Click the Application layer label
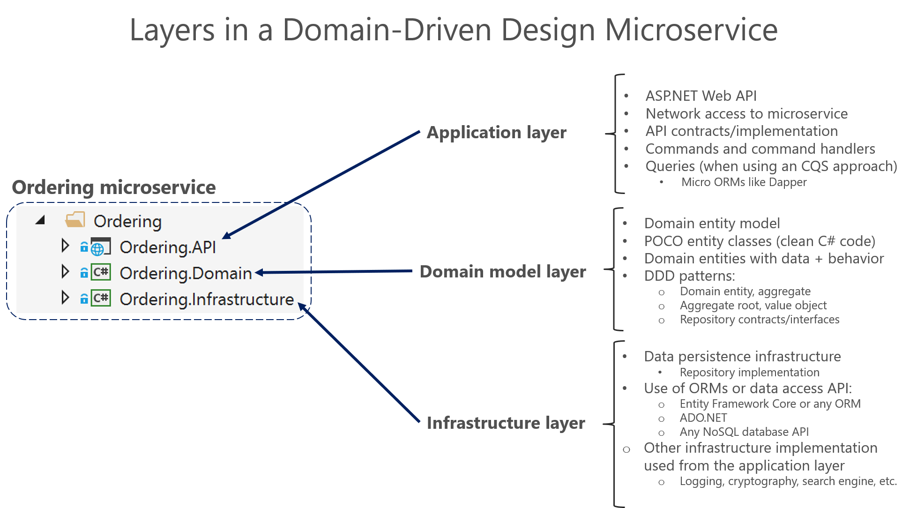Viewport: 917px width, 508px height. pos(496,133)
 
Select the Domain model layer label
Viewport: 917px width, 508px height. pos(502,272)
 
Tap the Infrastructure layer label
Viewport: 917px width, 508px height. pos(506,423)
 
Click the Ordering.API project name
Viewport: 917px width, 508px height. pos(168,247)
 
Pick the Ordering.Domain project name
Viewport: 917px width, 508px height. pos(186,273)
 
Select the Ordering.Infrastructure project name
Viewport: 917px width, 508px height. pos(207,299)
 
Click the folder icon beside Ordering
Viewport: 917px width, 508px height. pos(75,219)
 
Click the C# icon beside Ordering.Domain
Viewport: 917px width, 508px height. pos(101,272)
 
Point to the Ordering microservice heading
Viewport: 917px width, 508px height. pos(113,187)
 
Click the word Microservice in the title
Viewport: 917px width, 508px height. pos(691,30)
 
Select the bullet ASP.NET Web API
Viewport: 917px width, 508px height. pos(701,96)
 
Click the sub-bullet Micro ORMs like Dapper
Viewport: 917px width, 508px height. pos(744,182)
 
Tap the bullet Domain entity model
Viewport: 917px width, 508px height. pos(712,224)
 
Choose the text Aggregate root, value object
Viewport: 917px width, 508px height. pos(753,306)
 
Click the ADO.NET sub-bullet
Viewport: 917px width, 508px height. pos(703,418)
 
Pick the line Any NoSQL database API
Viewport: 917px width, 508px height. pos(744,432)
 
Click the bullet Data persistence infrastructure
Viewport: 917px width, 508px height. pos(742,357)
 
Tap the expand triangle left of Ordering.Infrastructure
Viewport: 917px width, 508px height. pos(65,298)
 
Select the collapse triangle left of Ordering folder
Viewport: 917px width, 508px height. pos(41,220)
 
